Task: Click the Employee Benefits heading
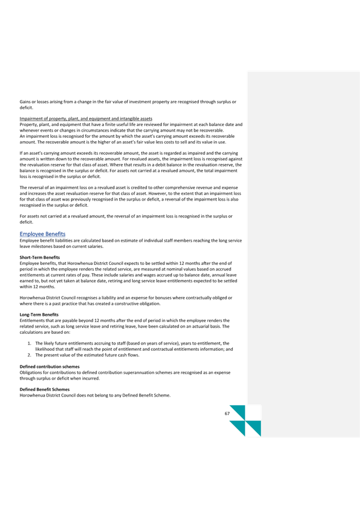coord(42,234)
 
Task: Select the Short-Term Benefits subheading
coord(40,258)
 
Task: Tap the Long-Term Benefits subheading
coord(39,315)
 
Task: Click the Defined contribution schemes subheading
coord(49,367)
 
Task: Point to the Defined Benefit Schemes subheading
coord(45,389)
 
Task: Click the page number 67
coord(227,414)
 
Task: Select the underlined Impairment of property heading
coord(86,119)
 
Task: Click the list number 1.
coord(29,343)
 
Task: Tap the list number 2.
coord(29,355)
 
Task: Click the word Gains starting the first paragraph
coord(25,102)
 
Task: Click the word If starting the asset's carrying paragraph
coord(21,153)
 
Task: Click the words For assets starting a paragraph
coord(29,216)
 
